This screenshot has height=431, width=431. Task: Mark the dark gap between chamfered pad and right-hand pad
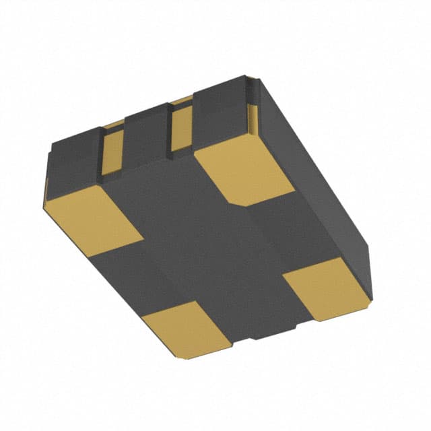[x=283, y=232]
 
